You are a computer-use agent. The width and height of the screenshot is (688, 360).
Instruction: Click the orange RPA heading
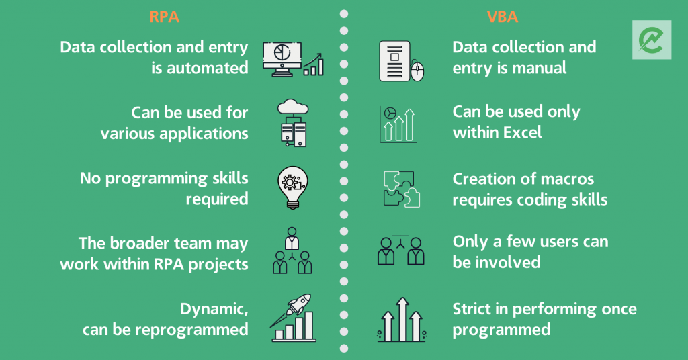point(164,17)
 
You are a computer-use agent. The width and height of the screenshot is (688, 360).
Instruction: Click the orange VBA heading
point(503,17)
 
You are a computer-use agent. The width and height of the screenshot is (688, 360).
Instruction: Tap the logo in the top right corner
point(652,40)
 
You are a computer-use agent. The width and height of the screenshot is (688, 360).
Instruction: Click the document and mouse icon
point(402,61)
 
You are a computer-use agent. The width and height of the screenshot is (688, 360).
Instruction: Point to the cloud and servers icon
point(293,123)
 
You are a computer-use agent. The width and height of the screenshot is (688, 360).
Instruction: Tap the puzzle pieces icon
point(402,189)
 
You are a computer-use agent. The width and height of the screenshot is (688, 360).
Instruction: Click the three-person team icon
point(292,251)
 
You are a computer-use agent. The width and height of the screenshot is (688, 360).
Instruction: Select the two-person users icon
point(401,251)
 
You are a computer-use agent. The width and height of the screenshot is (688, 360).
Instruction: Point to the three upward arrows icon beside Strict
point(402,319)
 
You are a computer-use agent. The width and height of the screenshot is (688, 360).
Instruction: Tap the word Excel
point(520,132)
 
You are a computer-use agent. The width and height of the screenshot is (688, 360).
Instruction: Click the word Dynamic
point(214,310)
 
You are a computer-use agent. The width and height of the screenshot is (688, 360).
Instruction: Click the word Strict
point(472,309)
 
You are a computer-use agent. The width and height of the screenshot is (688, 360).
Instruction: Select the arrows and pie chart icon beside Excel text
point(398,125)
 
